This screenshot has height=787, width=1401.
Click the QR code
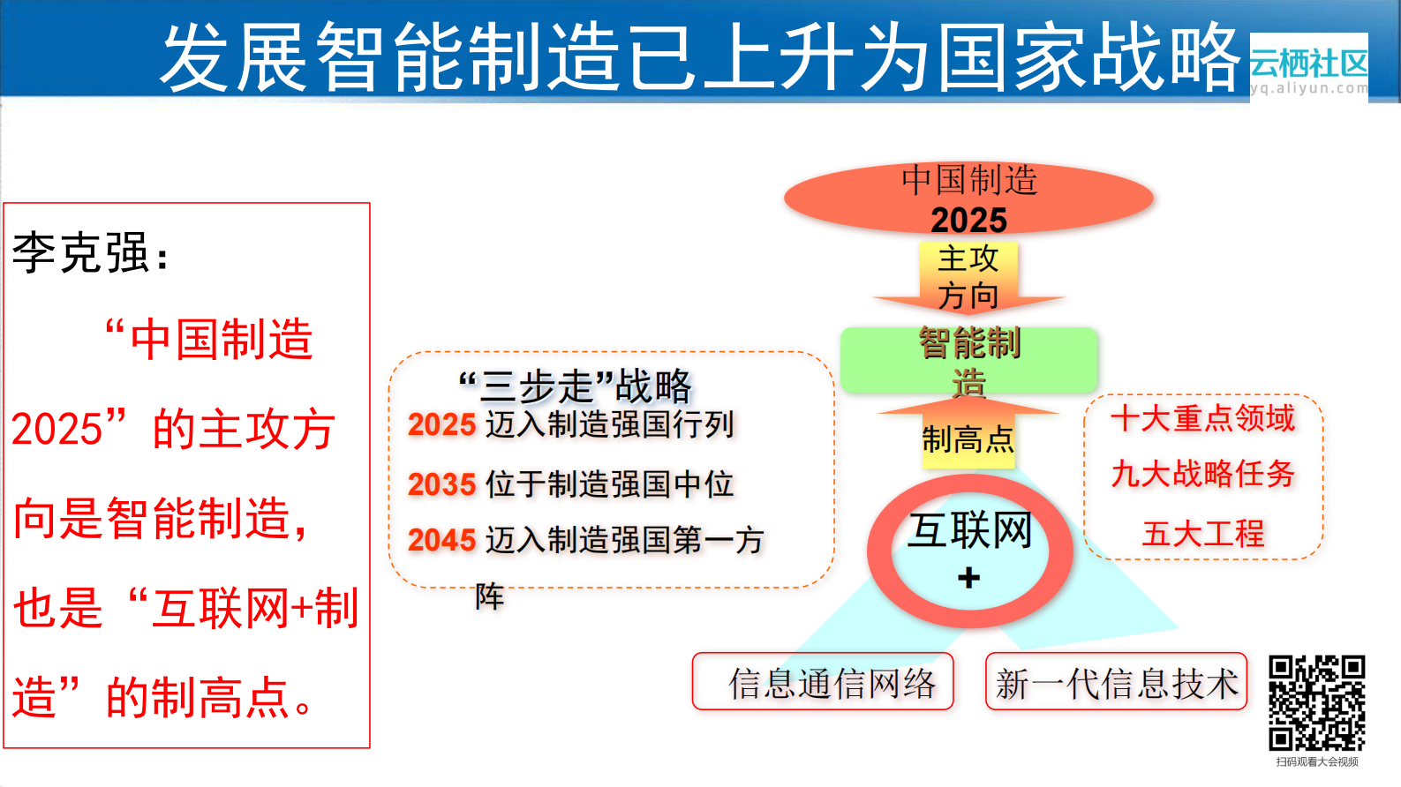1316,703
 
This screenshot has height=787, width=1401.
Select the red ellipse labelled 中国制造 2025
968,198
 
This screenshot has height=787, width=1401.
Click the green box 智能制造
968,360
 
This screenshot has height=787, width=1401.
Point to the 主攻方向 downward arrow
968,277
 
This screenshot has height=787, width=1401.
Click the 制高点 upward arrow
968,433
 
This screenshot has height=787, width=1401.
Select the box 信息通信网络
823,681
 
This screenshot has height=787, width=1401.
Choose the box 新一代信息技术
1116,681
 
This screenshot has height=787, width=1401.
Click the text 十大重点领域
1202,418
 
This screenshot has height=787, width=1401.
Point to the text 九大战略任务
1202,474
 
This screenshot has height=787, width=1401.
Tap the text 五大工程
1202,533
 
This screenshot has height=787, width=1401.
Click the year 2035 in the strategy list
441,484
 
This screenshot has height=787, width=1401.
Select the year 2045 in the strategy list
441,540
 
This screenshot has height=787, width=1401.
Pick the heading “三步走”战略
576,386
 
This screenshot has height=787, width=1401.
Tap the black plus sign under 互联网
968,578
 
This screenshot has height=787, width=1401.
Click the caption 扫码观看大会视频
1316,761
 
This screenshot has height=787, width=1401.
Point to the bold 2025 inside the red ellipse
968,220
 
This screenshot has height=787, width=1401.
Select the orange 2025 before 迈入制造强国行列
441,424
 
